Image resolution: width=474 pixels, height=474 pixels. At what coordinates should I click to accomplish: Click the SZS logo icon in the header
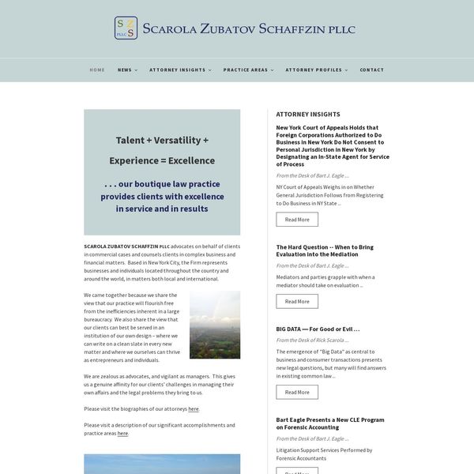click(x=126, y=28)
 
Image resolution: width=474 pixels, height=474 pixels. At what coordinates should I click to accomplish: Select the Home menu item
click(x=97, y=70)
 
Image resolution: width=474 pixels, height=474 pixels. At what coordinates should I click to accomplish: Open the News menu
click(x=125, y=70)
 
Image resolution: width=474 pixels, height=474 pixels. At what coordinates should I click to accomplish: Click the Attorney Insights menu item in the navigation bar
click(x=178, y=70)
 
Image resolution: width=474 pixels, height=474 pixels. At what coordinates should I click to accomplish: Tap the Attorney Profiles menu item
click(x=314, y=70)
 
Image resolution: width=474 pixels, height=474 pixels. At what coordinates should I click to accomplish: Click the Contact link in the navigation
click(x=372, y=70)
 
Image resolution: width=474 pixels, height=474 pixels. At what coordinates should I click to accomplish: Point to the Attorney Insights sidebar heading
click(x=308, y=114)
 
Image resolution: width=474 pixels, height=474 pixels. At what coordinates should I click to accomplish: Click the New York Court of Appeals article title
click(x=332, y=145)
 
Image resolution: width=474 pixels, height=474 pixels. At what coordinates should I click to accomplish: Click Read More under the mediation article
click(x=297, y=301)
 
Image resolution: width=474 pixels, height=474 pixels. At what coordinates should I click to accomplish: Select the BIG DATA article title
click(x=318, y=329)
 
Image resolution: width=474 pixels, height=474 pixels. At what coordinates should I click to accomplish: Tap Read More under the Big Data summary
click(x=297, y=392)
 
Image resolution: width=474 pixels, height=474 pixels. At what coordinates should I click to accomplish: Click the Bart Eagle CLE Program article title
click(x=330, y=423)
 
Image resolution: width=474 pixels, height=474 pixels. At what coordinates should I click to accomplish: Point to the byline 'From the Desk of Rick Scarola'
click(x=311, y=340)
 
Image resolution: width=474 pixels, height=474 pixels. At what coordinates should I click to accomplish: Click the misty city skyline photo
click(x=215, y=325)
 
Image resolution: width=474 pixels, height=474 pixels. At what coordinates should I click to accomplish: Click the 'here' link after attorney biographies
click(x=194, y=409)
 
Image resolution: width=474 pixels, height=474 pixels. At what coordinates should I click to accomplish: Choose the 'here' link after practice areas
click(x=122, y=433)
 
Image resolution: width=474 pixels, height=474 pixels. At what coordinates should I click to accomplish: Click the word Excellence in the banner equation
click(x=192, y=160)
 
